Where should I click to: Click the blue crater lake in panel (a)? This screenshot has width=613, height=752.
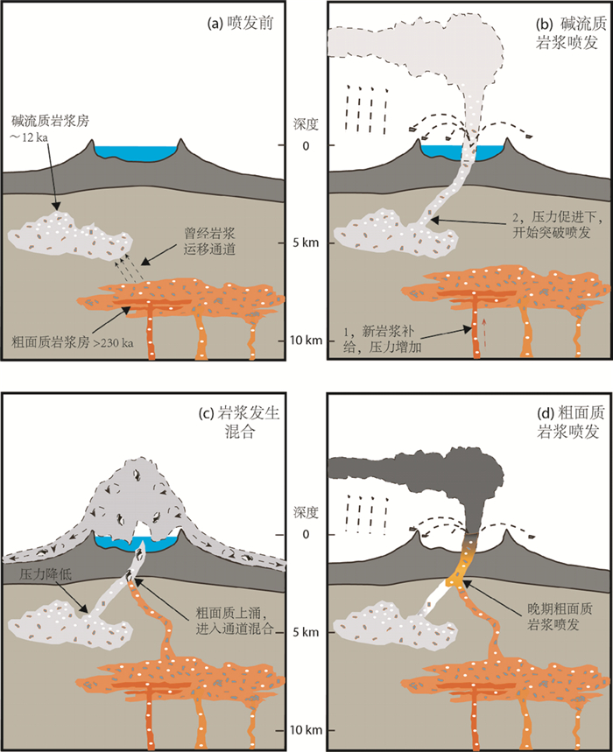pos(137,152)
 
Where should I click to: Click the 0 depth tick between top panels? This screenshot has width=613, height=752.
pos(307,146)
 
